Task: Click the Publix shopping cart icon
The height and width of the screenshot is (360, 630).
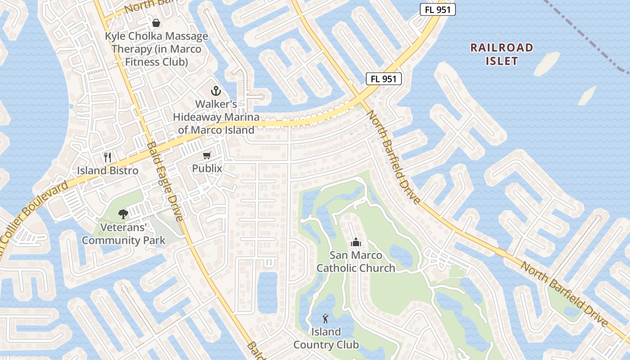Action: (207, 156)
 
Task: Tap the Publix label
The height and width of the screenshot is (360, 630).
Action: (207, 169)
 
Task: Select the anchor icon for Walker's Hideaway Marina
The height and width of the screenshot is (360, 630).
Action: (216, 91)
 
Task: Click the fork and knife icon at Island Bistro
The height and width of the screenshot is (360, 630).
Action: (107, 157)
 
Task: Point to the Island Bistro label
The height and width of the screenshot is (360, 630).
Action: (108, 171)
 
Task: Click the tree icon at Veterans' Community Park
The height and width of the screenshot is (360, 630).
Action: (123, 214)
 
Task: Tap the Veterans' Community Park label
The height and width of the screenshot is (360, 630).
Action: (124, 234)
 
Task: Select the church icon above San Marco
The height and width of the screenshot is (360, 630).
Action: (356, 243)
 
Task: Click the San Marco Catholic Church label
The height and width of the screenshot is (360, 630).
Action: (356, 261)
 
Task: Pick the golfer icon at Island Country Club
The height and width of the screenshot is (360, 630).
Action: (325, 319)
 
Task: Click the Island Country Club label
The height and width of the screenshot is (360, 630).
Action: (326, 338)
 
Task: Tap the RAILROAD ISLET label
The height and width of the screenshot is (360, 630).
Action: (502, 54)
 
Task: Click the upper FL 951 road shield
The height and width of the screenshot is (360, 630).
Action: (437, 9)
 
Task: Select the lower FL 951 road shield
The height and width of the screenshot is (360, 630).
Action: (383, 79)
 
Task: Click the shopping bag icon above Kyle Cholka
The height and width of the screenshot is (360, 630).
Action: (156, 22)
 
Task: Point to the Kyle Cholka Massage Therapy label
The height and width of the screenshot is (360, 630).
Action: (156, 49)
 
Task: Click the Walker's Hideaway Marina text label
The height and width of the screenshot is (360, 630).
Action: (216, 117)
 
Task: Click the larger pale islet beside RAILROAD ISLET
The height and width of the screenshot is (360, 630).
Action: (546, 63)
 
